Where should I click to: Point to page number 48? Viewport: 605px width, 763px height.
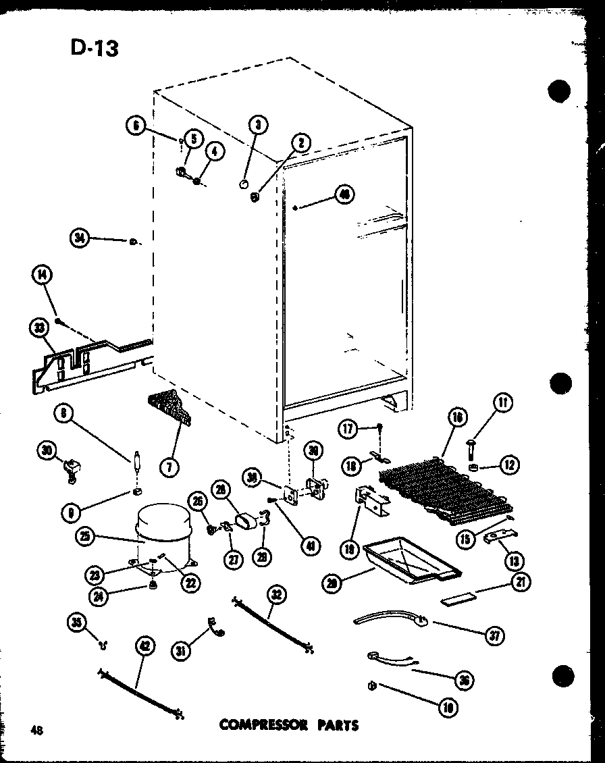tap(36, 729)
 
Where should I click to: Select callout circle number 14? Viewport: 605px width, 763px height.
tap(42, 275)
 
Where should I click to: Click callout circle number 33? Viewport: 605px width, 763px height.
tap(39, 329)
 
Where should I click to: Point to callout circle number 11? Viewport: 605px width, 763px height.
tap(503, 404)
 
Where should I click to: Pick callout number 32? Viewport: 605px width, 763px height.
tap(277, 595)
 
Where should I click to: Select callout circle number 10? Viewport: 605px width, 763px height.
tap(448, 707)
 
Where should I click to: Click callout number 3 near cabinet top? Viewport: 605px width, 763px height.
tap(258, 124)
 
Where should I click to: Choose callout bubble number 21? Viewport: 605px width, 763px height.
tap(521, 582)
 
